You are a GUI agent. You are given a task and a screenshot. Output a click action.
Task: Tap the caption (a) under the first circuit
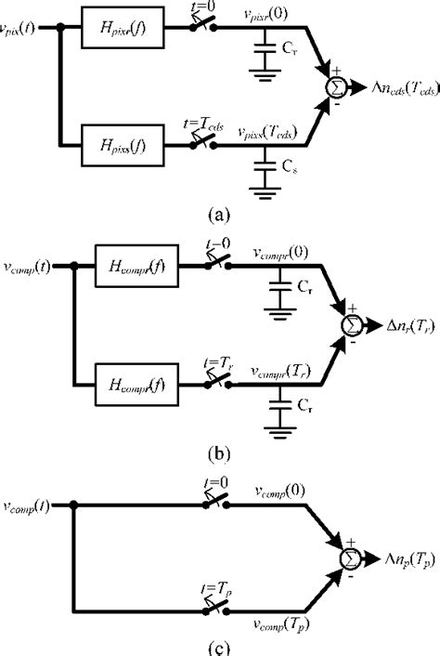pos(220,212)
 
